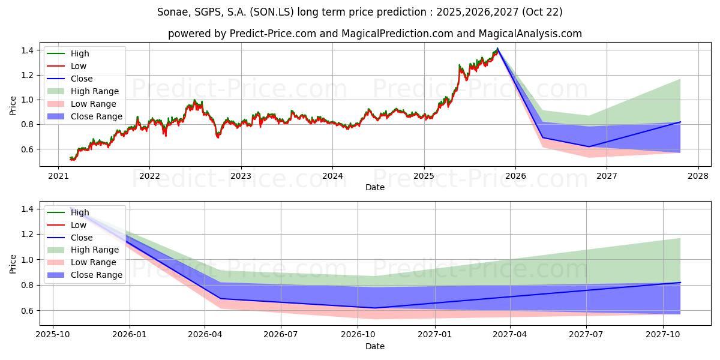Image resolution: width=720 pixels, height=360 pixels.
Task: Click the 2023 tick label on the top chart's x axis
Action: click(241, 176)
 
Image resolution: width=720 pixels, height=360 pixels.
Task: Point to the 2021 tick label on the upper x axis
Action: click(58, 176)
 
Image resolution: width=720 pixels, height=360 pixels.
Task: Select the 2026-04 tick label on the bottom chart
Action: click(205, 334)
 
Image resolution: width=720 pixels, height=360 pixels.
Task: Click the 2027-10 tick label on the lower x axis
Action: click(663, 334)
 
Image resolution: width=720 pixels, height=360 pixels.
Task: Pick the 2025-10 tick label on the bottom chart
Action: click(53, 334)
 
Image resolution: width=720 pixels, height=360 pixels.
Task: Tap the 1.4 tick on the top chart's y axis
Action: click(27, 50)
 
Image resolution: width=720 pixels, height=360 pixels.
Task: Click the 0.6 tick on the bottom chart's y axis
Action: click(27, 311)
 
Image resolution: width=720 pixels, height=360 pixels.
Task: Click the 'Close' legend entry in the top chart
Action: click(82, 79)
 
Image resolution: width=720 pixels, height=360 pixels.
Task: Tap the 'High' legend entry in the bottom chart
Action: click(80, 212)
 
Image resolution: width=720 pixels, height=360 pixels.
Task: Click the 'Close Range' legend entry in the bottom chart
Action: click(96, 275)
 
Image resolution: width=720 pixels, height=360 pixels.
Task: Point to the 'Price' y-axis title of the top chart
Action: click(13, 106)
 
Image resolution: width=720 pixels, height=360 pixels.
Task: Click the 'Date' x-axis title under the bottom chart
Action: click(375, 346)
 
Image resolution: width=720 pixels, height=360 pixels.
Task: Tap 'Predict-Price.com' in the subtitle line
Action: click(273, 34)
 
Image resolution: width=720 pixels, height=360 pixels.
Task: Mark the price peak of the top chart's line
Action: click(497, 48)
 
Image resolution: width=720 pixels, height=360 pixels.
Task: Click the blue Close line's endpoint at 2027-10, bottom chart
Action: click(680, 282)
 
